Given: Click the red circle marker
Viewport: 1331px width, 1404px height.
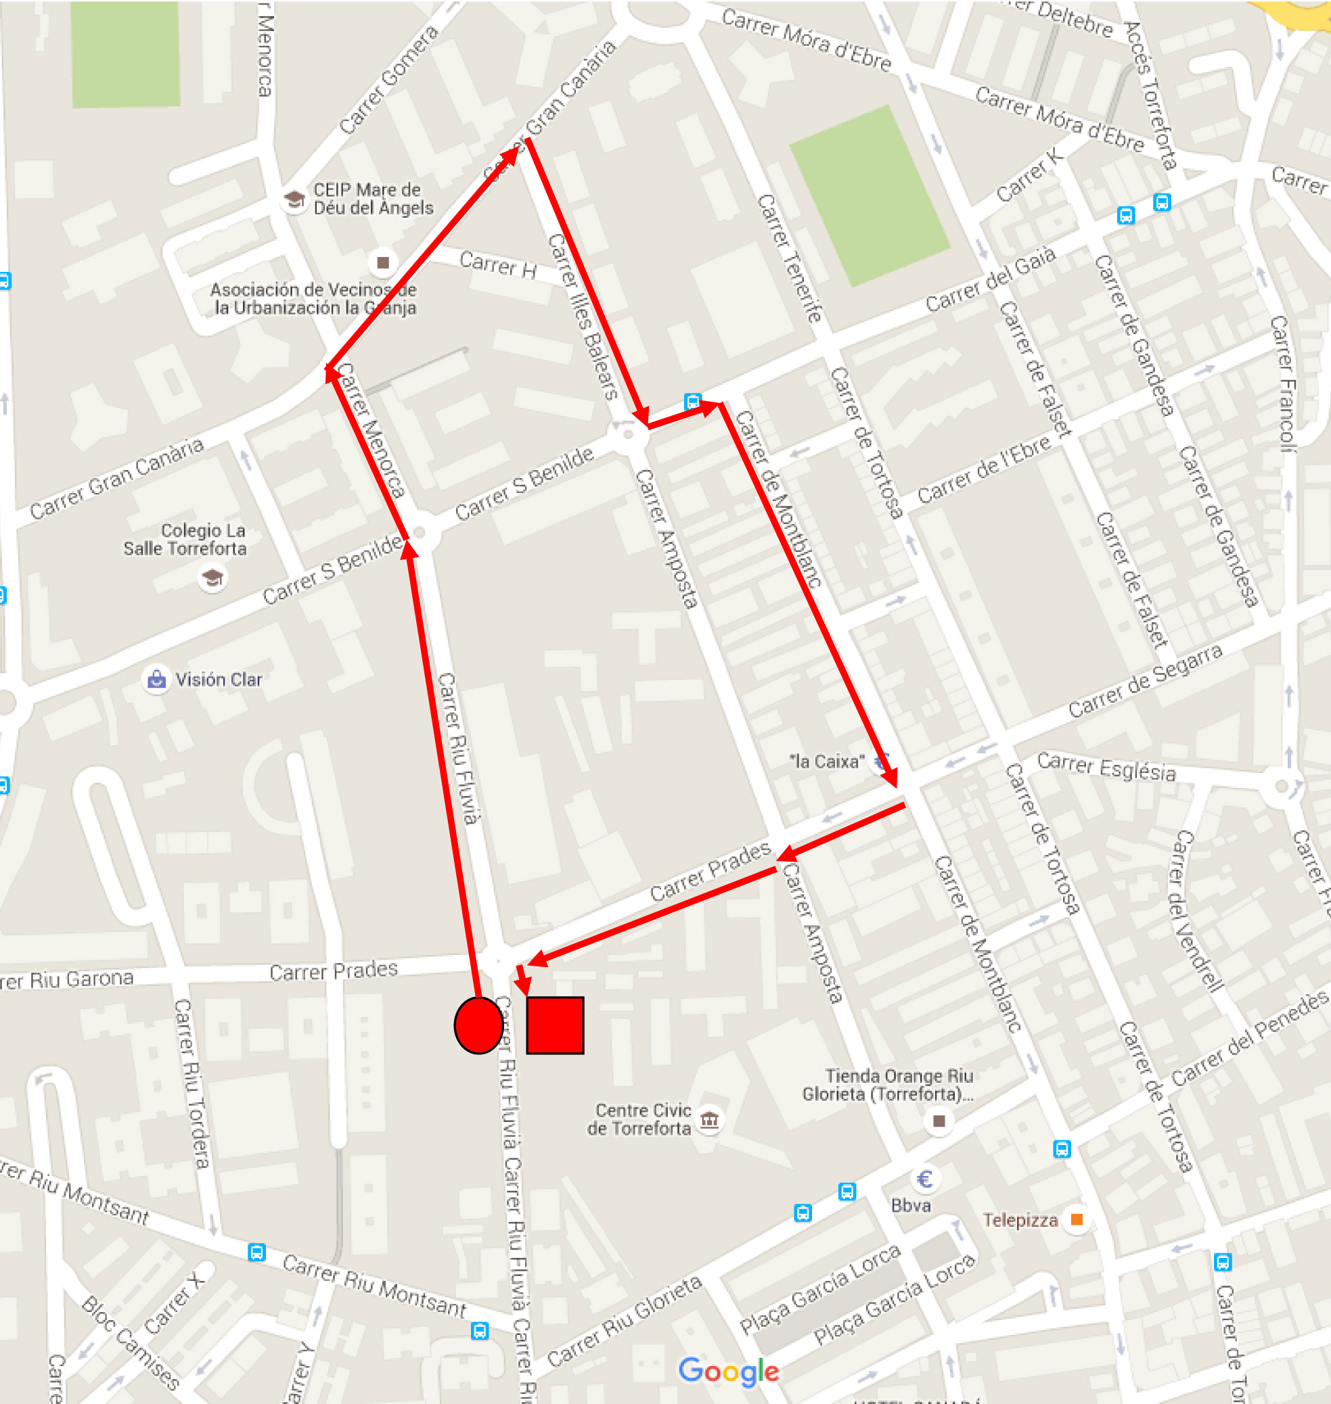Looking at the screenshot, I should pos(479,1025).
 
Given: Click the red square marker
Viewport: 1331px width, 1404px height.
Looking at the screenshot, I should pos(555,1025).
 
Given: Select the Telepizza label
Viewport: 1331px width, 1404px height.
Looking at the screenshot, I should pos(1020,1219).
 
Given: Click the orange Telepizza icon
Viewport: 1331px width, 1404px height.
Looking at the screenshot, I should pos(1077,1219).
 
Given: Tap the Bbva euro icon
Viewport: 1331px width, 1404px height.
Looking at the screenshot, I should pos(924,1179).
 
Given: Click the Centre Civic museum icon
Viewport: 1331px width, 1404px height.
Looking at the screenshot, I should pos(710,1120).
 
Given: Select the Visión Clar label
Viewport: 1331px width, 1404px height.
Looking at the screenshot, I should pos(219,679).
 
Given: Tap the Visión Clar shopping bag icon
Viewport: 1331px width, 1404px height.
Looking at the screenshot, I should pos(156,679).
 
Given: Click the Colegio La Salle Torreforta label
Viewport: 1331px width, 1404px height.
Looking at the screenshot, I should pos(185,539).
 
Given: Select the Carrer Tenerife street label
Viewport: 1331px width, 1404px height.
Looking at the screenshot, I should pos(789,258).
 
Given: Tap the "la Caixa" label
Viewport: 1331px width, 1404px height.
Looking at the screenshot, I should pos(827,762).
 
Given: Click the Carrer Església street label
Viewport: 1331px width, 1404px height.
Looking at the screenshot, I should pos(1106,766).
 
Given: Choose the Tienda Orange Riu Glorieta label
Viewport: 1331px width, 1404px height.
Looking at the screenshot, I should pos(888,1085).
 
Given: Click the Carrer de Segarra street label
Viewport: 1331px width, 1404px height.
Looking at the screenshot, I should pos(1145,681).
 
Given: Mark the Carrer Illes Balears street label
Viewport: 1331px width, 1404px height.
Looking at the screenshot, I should pos(583,317).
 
